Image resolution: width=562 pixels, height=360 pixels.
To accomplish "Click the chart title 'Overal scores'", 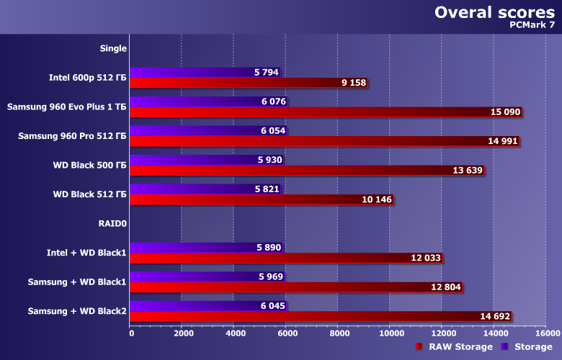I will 494,12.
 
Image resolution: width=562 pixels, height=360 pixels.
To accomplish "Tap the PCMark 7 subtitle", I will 532,25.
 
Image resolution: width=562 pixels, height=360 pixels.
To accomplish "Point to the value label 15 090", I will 504,112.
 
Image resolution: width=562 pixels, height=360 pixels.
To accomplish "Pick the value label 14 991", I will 503,141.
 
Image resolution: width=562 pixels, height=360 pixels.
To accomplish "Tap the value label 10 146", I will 375,199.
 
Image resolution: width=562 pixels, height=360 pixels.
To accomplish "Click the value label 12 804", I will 444,287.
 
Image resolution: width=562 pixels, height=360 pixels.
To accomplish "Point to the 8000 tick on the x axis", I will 339,333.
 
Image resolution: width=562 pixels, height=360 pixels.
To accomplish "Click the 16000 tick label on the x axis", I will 546,333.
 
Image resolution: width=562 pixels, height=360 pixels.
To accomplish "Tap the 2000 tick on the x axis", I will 183,333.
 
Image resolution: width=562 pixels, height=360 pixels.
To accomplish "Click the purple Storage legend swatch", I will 505,347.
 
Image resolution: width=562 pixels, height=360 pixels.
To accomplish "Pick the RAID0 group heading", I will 112,223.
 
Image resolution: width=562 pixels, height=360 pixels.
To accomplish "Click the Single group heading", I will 113,48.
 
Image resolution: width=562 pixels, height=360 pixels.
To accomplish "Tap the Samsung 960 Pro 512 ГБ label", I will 72,136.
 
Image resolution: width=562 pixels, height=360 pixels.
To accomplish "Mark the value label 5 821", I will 267,189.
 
